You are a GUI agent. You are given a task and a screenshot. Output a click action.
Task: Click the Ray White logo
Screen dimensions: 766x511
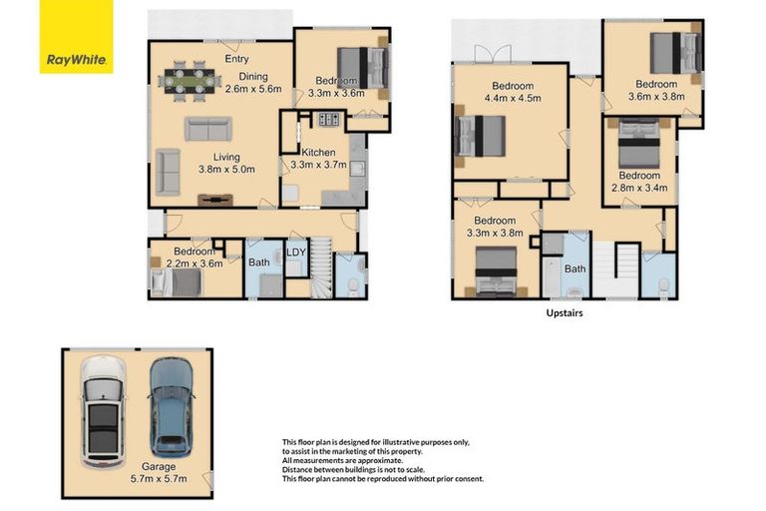tap(76, 37)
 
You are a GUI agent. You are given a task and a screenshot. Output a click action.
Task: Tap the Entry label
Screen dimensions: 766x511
tap(237, 59)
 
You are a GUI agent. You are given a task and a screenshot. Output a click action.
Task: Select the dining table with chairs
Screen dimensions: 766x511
tap(190, 81)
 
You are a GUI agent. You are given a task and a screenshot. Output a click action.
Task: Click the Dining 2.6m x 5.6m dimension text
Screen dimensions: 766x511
tap(253, 89)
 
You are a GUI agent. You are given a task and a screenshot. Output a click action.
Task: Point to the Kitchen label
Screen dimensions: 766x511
tap(318, 153)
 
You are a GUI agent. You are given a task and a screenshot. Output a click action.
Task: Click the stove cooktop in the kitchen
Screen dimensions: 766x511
tap(329, 119)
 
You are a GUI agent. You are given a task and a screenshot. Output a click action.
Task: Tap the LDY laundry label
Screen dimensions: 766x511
tap(296, 253)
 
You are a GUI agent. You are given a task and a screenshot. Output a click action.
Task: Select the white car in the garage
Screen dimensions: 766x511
tap(103, 412)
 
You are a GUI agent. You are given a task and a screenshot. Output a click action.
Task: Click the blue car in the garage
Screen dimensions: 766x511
tap(172, 407)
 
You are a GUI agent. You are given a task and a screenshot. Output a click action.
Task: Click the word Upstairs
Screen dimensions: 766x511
tap(565, 313)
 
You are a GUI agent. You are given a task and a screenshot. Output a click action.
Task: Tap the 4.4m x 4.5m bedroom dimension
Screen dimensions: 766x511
tap(513, 98)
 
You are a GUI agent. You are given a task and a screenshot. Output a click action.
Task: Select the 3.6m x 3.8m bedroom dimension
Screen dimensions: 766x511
tap(656, 97)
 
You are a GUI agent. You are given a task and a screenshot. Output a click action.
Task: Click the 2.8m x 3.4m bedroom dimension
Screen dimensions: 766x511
tap(639, 188)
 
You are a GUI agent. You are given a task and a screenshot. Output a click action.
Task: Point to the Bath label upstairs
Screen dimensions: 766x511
tap(574, 268)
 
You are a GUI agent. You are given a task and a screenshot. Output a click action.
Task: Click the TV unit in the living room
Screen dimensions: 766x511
tap(215, 200)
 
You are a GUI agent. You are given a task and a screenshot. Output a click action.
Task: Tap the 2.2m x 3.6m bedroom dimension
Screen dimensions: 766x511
tap(194, 263)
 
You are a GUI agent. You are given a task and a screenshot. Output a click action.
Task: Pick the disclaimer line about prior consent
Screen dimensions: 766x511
tap(383, 479)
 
